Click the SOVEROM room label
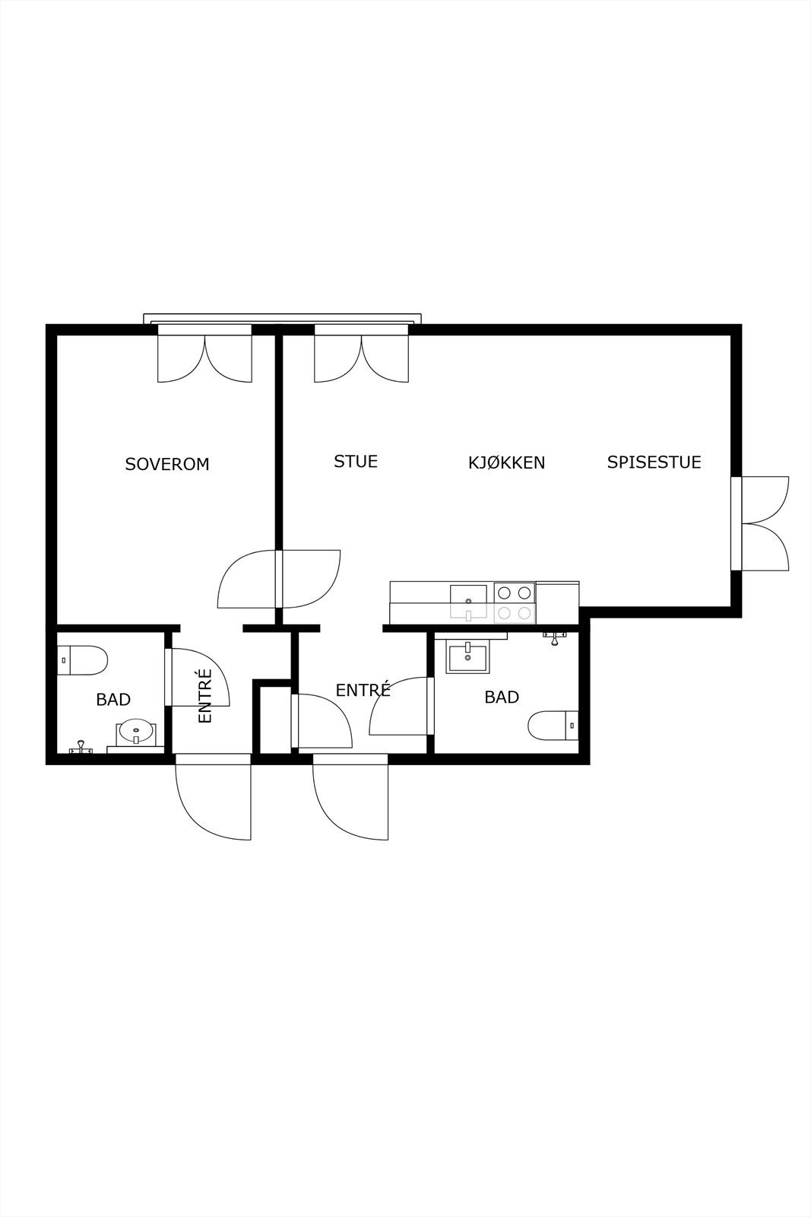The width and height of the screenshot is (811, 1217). point(167,464)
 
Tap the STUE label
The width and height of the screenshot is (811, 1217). point(356,461)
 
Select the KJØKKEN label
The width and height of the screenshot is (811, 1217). point(506,462)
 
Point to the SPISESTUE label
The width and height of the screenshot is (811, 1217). point(654,462)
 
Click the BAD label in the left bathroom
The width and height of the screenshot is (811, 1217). point(113,699)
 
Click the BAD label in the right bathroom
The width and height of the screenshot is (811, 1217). point(502,697)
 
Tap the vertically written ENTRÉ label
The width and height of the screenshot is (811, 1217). point(204,695)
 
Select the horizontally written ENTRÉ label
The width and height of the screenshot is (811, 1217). point(363,690)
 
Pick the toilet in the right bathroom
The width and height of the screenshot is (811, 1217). point(553,726)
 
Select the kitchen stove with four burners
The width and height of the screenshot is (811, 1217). point(515,602)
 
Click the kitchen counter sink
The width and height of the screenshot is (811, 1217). point(468,602)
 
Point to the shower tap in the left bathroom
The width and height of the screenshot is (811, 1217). point(81,747)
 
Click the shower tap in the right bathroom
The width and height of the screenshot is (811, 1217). point(554,638)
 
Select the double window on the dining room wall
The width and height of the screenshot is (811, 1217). point(760,523)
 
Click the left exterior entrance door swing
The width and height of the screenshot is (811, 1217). point(214,796)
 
